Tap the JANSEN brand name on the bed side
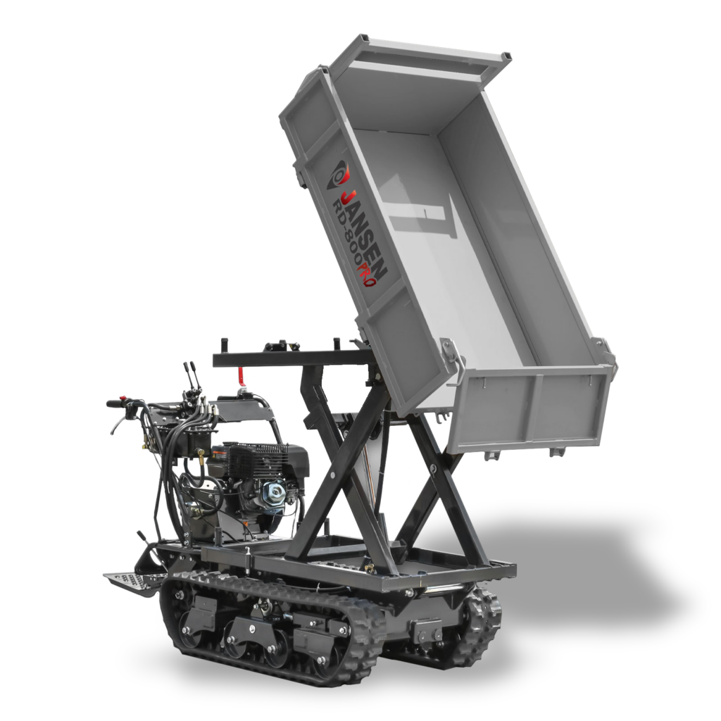[x=365, y=231]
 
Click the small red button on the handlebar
[x=123, y=399]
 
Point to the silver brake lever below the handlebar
[x=118, y=422]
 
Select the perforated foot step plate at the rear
[x=127, y=582]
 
